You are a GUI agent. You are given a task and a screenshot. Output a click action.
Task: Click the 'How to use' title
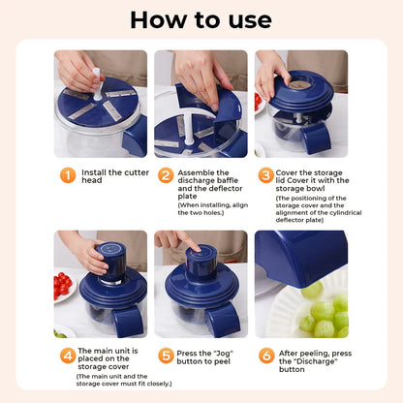point(201,20)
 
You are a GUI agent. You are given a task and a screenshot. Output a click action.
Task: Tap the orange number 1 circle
point(67,175)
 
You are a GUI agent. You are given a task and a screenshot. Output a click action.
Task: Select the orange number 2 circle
point(166,175)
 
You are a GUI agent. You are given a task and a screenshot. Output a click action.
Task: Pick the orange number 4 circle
point(67,356)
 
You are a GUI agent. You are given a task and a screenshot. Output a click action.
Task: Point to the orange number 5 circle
point(166,356)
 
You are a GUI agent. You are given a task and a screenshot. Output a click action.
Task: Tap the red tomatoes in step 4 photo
point(63,286)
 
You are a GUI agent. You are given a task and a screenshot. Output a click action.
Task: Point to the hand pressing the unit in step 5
point(177,239)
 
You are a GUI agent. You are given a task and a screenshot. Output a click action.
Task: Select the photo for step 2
point(201,104)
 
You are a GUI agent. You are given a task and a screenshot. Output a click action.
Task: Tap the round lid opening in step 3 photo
point(299,84)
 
